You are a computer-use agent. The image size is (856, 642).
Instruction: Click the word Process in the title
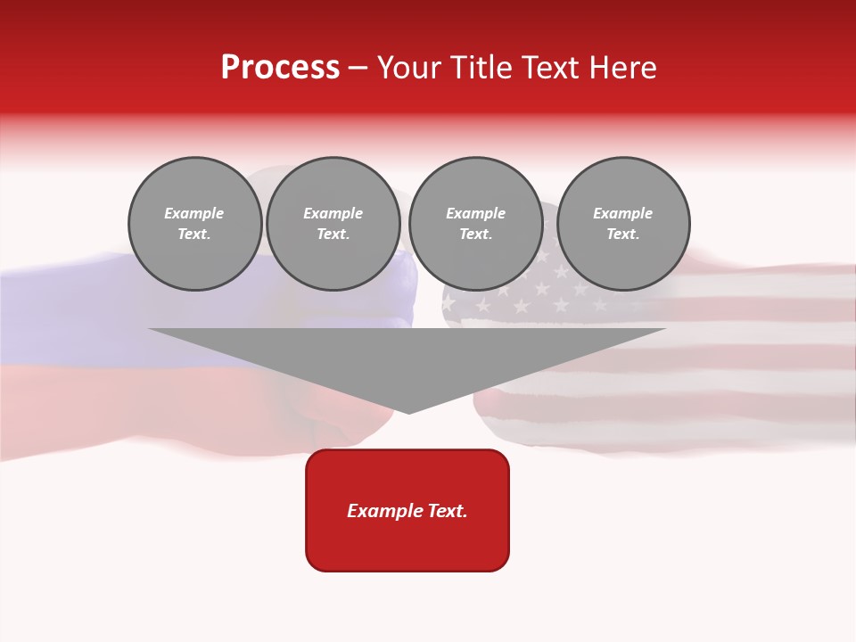coord(280,68)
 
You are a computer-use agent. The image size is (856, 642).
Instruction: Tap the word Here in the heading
coord(623,68)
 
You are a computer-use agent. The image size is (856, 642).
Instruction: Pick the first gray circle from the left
coord(194,224)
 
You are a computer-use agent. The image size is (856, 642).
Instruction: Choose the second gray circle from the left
coord(333,224)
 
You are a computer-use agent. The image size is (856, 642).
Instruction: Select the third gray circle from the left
coord(475,224)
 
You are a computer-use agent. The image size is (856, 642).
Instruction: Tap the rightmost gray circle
coord(623,224)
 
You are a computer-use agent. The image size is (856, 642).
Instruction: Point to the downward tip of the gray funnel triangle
coord(408,410)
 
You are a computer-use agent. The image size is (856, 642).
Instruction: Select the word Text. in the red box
coord(447,511)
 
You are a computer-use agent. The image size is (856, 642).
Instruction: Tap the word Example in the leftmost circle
coord(194,213)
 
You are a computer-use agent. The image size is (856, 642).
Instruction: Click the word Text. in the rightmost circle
coord(623,235)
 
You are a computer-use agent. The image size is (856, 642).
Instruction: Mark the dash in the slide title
coord(358,68)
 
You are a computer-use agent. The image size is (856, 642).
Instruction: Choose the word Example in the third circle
coord(475,213)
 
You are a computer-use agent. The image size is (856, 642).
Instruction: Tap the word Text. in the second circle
coord(333,235)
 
